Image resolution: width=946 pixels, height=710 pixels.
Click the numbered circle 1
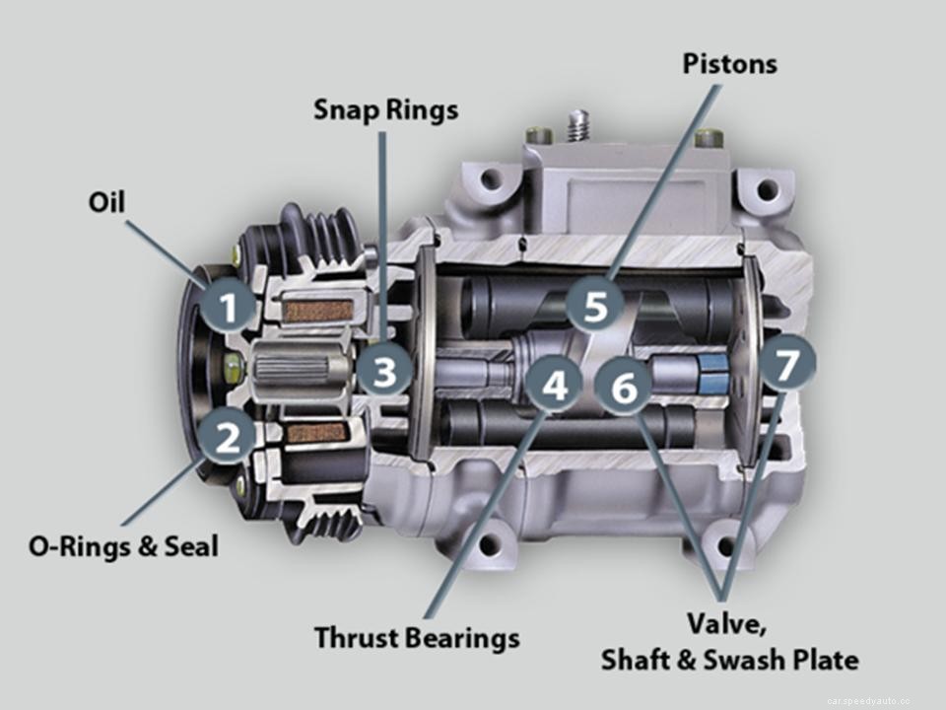229,309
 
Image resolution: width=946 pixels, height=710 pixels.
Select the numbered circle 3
384,373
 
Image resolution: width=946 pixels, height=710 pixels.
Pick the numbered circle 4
555,387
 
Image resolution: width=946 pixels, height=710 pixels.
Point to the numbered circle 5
595,306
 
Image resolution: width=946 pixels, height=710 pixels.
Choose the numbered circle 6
624,389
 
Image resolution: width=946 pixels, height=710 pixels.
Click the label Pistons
729,64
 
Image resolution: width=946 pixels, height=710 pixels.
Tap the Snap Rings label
385,109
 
